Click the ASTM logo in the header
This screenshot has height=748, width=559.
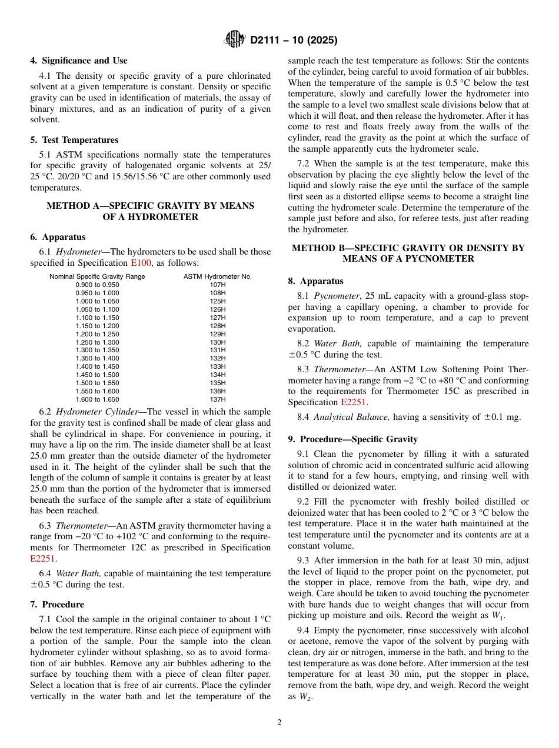(235, 40)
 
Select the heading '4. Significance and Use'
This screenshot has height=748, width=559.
(79, 61)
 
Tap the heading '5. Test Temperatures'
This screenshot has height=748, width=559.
(74, 140)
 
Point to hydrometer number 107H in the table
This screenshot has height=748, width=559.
(217, 285)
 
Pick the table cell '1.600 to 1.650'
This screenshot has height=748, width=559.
(97, 399)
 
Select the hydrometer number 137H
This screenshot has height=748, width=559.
(217, 399)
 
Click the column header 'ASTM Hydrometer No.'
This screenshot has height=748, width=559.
(217, 276)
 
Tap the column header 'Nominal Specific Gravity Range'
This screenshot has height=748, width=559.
(97, 276)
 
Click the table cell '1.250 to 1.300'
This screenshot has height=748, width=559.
(97, 342)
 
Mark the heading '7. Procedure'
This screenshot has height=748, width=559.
(57, 605)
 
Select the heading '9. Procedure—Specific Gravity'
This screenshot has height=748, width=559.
(352, 439)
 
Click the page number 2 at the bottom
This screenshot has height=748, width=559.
(279, 723)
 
